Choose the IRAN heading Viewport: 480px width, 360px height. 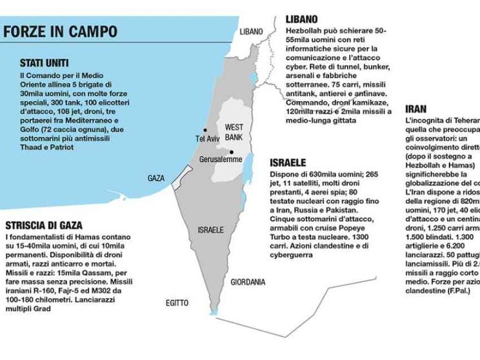[x=415, y=109]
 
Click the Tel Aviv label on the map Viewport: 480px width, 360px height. [x=208, y=139]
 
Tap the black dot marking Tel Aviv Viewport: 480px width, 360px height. [x=205, y=130]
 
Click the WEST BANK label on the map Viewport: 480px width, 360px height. [x=234, y=133]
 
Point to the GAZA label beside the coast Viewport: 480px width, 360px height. [x=156, y=177]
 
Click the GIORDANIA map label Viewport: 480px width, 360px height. [x=248, y=281]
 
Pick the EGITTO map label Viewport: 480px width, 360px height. [x=176, y=303]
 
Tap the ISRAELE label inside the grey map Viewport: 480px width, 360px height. [x=211, y=230]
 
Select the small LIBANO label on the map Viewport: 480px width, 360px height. [x=252, y=31]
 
